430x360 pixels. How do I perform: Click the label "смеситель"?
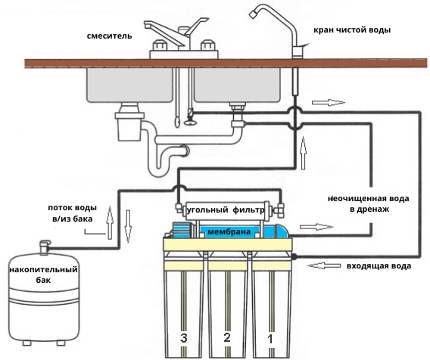(x=110, y=36)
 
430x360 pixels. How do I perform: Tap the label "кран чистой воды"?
(x=352, y=29)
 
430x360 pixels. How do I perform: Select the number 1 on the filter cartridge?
(x=270, y=339)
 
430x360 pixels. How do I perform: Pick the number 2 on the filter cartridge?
(x=227, y=338)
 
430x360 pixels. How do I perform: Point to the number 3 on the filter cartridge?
(x=184, y=338)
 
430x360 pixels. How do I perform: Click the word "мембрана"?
(x=229, y=232)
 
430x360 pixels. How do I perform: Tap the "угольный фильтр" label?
(x=226, y=210)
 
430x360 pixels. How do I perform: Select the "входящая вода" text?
(x=379, y=266)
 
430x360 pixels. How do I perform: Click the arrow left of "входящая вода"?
(x=324, y=265)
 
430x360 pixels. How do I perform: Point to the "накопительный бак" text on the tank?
(x=43, y=275)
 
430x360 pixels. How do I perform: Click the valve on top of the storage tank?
(x=45, y=247)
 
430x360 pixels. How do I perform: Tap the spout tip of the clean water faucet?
(x=253, y=14)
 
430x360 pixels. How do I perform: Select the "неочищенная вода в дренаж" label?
(x=368, y=204)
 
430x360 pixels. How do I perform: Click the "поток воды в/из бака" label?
(x=73, y=213)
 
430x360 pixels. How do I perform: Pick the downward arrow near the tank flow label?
(x=128, y=226)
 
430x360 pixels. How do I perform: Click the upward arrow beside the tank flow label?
(x=110, y=223)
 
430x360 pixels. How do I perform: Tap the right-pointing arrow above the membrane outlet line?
(x=316, y=227)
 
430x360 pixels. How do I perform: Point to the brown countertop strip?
(x=226, y=64)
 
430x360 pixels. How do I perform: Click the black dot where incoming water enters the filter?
(x=294, y=256)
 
